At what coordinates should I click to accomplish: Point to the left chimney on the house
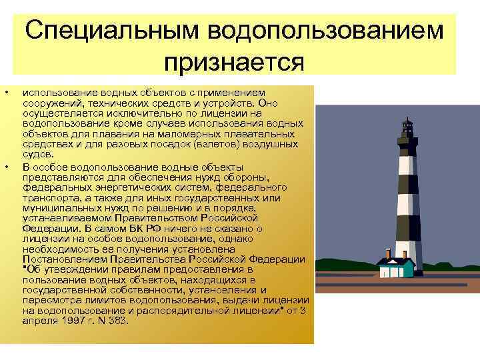387,253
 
